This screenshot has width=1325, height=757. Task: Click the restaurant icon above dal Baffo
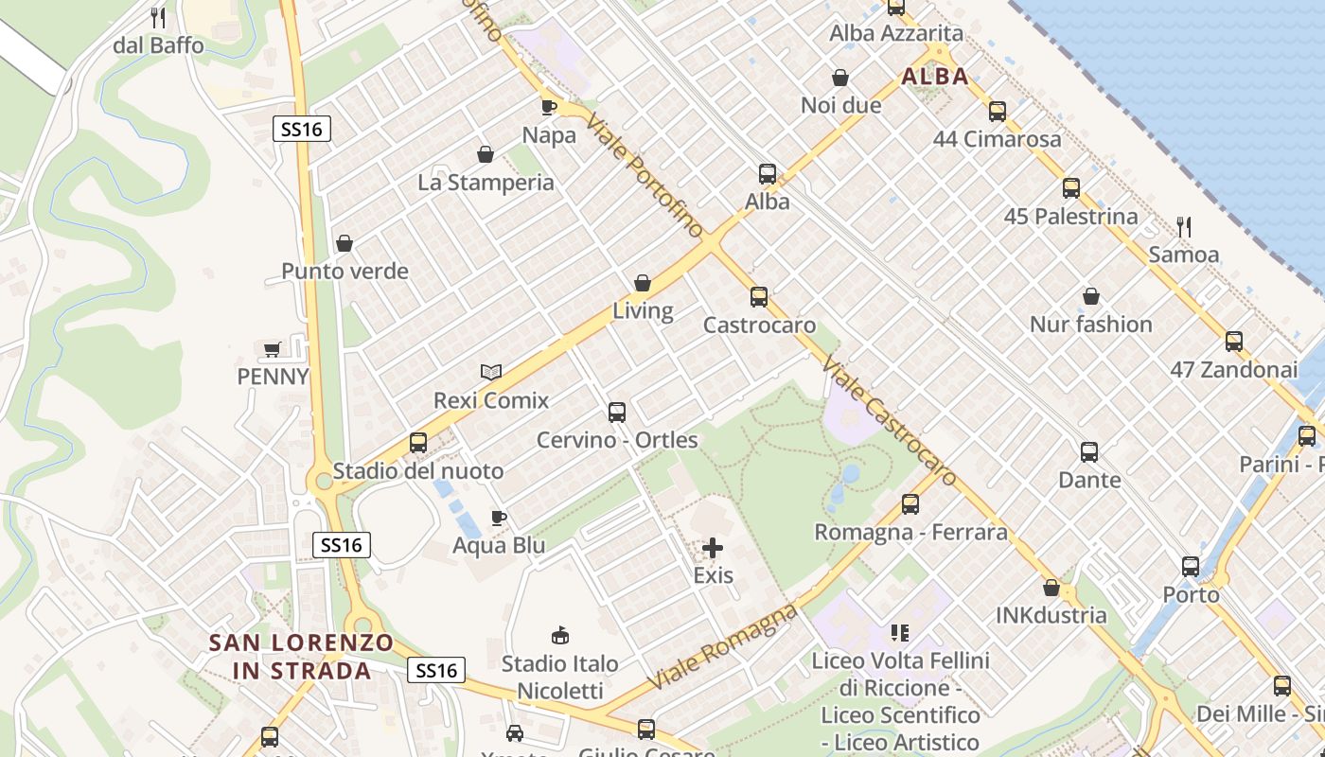tap(158, 17)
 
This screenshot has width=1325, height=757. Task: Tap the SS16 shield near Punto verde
tap(303, 129)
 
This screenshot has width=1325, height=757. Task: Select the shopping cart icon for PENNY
tap(273, 349)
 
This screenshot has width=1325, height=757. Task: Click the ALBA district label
tap(935, 77)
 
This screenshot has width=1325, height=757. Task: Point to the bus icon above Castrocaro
tap(759, 297)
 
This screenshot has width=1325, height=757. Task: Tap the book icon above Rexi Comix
tap(490, 372)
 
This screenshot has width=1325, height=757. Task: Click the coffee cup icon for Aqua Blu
tap(499, 518)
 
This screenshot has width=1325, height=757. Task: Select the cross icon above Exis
tap(713, 548)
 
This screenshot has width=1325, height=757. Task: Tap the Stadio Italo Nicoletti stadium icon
tap(560, 635)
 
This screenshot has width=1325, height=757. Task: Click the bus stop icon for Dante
tap(1089, 452)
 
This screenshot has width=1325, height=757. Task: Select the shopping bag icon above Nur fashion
tap(1091, 296)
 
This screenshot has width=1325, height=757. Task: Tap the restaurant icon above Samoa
tap(1183, 226)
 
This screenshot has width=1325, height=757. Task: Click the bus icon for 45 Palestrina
tap(1071, 188)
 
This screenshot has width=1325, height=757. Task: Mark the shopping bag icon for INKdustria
tap(1051, 588)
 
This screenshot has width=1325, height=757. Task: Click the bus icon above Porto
tap(1191, 567)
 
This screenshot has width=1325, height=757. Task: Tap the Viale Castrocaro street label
tap(889, 420)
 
